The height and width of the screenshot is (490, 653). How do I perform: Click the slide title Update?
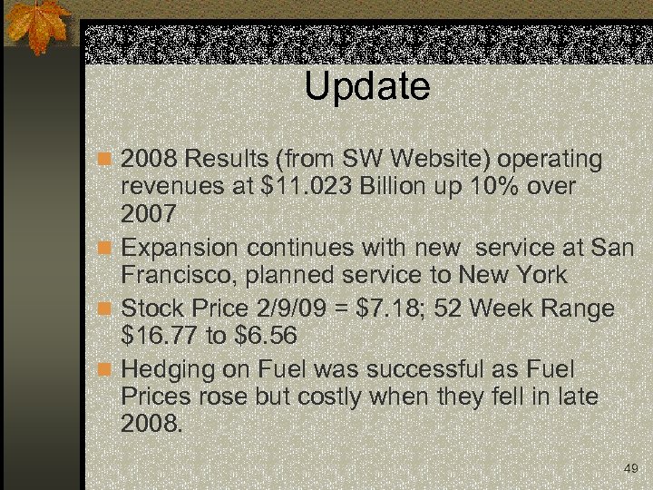tap(366, 87)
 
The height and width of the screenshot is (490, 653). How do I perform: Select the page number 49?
tap(631, 468)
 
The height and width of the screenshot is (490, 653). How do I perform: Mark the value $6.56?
tap(265, 337)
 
